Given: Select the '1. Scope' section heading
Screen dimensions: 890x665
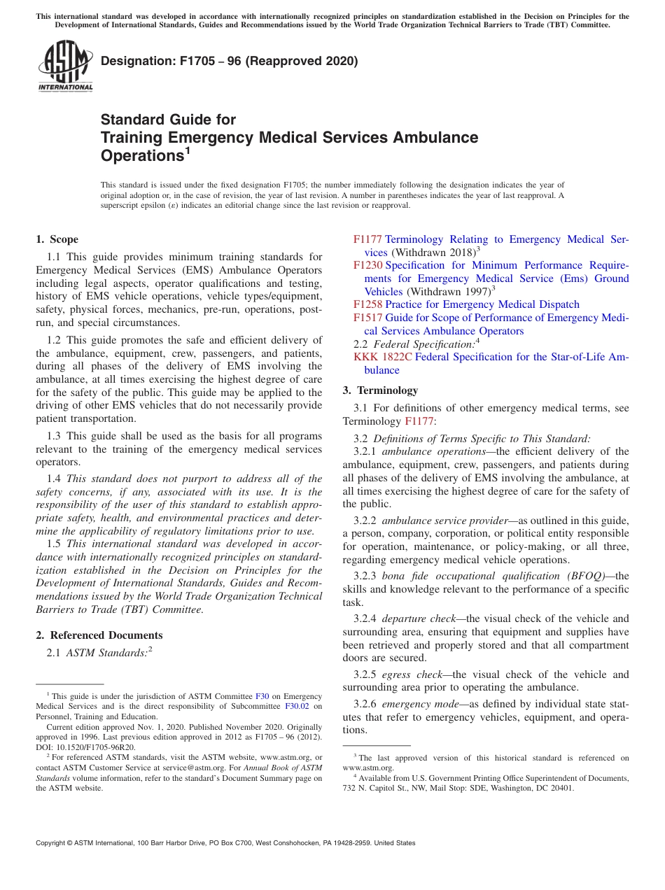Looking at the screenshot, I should tap(57, 239).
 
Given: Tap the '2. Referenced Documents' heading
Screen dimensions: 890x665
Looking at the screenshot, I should tap(99, 635).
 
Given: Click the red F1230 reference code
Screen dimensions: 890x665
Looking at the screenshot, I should tap(367, 265).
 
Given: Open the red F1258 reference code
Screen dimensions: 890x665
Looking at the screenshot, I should tap(367, 304).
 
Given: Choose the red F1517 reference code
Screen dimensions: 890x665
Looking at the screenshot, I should tap(367, 318).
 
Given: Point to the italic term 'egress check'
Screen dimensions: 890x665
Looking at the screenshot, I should tap(405, 674).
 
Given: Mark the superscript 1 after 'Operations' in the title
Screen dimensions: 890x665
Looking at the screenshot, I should tap(188, 150).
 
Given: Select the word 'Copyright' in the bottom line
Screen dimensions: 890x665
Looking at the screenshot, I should tap(52, 843).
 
